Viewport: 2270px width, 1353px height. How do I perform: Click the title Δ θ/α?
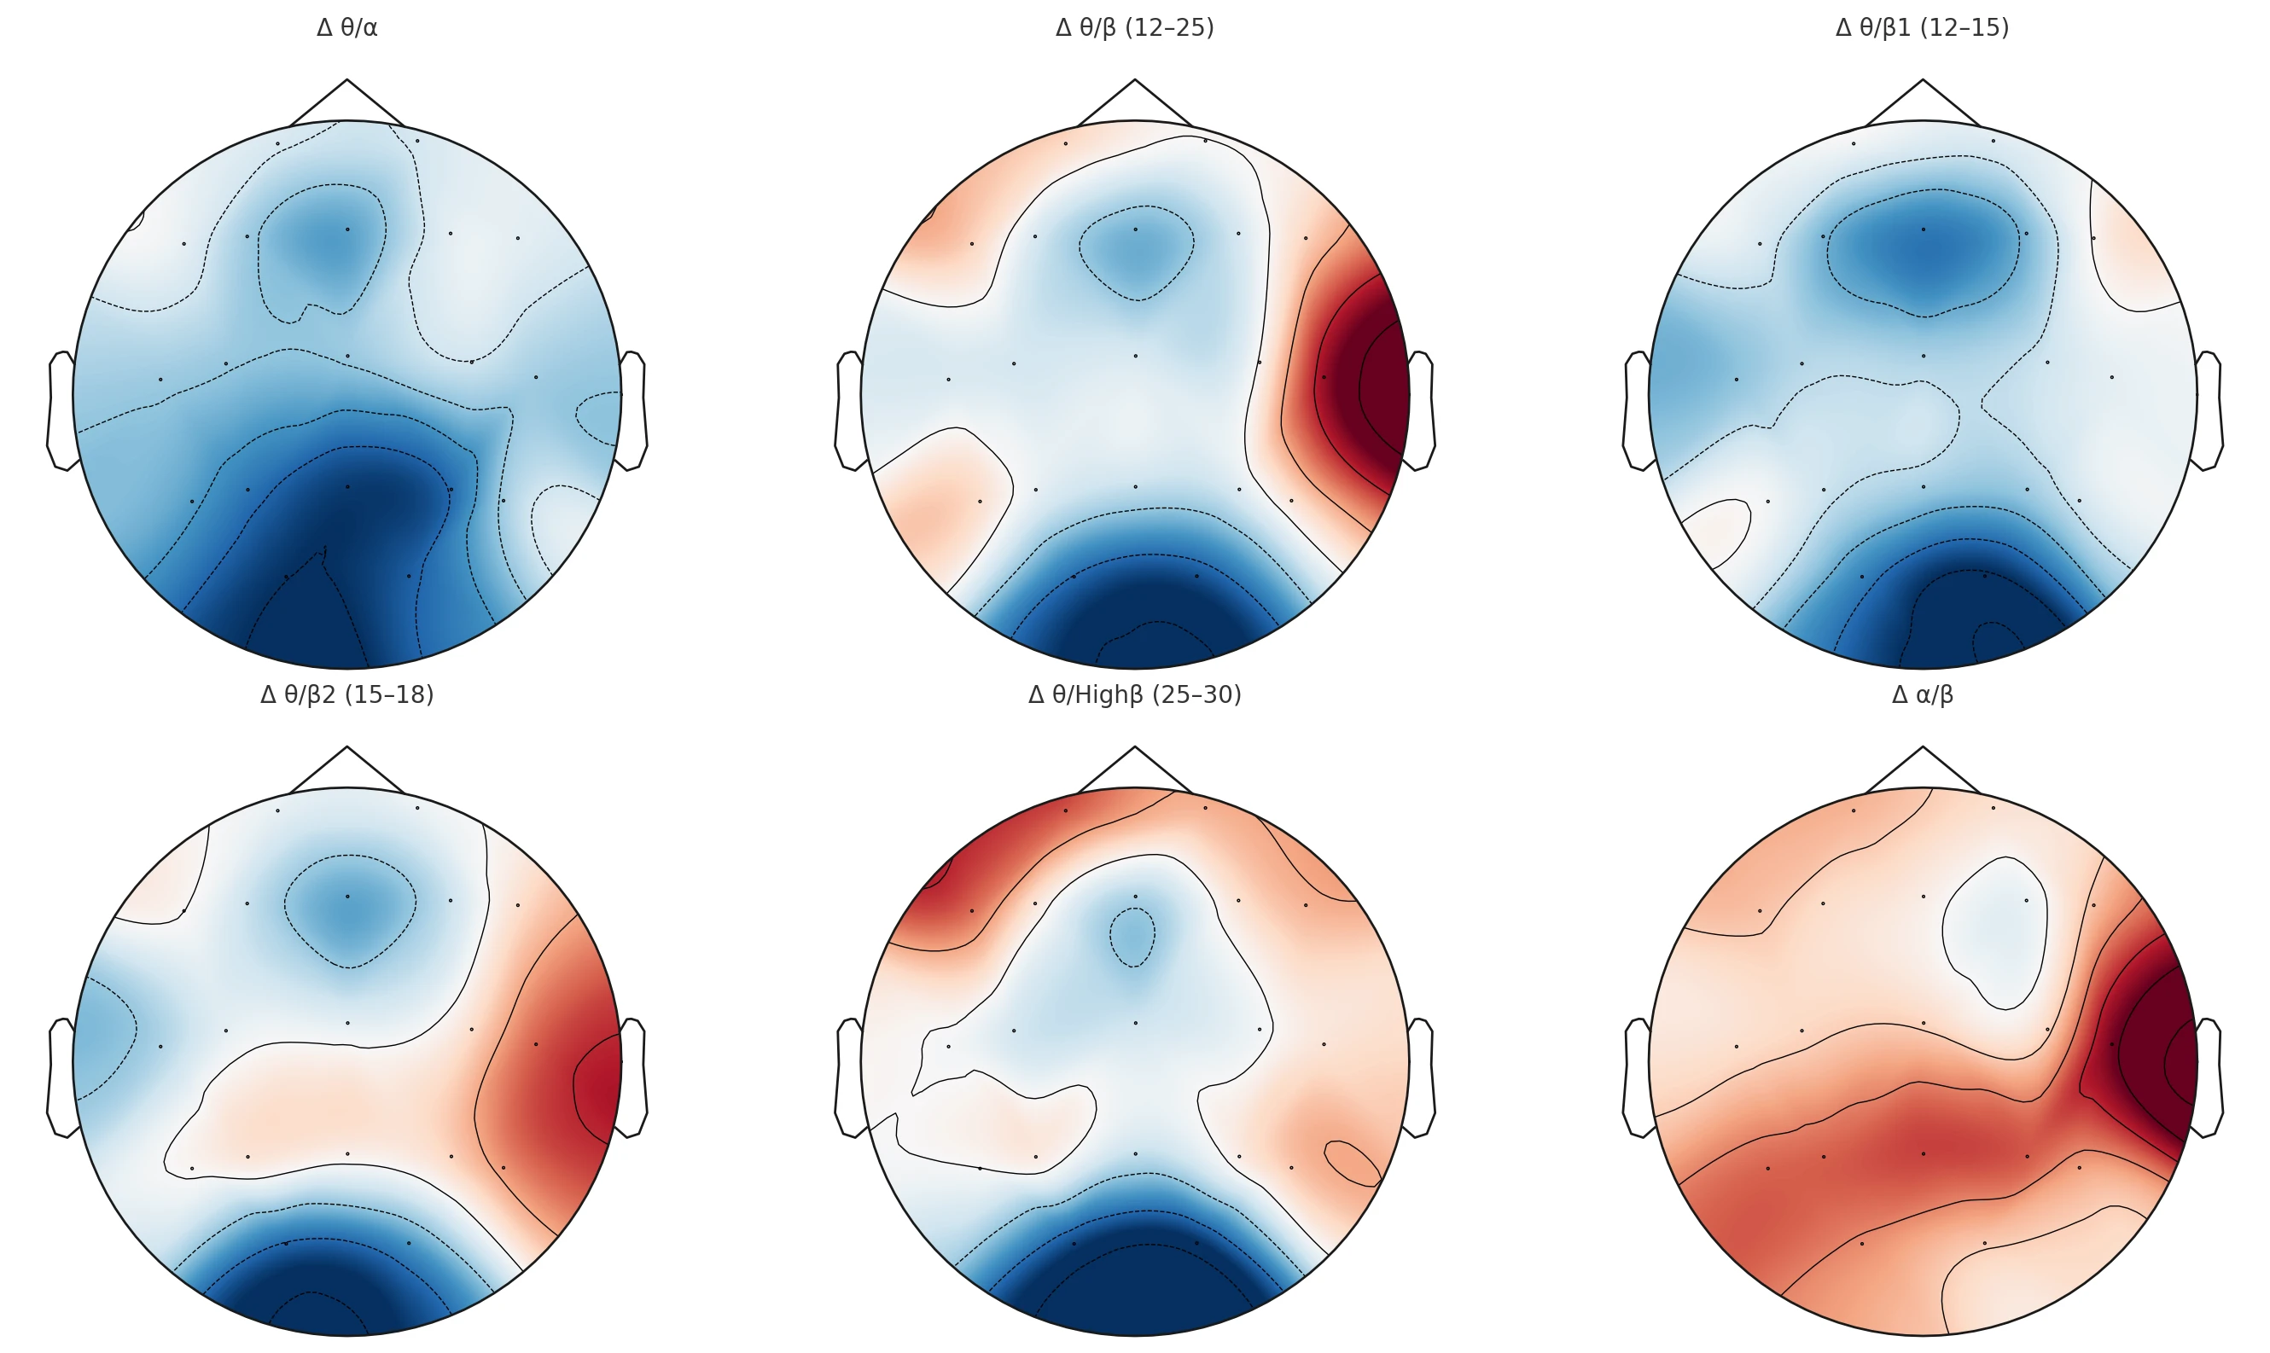tap(346, 28)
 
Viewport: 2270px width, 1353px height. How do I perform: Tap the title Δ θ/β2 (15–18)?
tap(346, 694)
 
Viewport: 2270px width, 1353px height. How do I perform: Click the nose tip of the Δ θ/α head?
tap(346, 81)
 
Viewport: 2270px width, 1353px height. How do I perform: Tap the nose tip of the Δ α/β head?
tap(1923, 748)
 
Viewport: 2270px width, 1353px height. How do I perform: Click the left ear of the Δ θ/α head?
tap(62, 410)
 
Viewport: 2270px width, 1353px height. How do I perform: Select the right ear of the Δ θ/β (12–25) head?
tap(1421, 410)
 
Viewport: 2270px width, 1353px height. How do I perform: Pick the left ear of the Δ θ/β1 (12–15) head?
tap(1638, 410)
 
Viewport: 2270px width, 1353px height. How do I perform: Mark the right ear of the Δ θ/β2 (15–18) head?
tap(633, 1077)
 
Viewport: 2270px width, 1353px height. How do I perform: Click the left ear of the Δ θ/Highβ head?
tap(850, 1077)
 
